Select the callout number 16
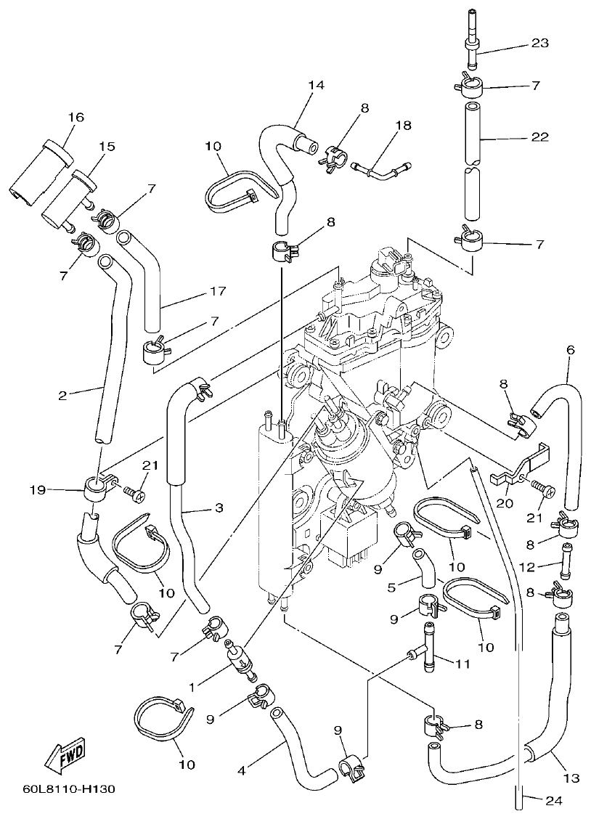tap(76, 117)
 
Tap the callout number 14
tap(315, 84)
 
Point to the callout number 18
tap(403, 126)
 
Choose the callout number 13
tap(571, 778)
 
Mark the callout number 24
tap(554, 801)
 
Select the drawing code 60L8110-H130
tap(68, 789)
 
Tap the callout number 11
tap(463, 662)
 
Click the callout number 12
tap(528, 566)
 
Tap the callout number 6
tap(570, 350)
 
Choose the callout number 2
tap(63, 396)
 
